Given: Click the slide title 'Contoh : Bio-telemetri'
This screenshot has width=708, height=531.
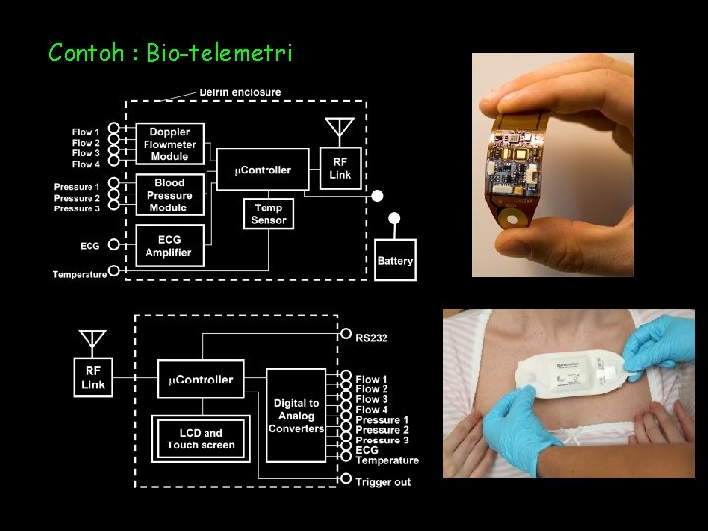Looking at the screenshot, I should tap(170, 52).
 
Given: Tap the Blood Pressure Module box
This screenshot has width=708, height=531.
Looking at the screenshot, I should tap(169, 195).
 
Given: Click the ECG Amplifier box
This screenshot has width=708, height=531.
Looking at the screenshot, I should tap(169, 244).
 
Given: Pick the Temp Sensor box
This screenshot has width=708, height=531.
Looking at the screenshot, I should tap(267, 213).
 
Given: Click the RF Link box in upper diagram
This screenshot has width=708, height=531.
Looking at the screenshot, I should tap(339, 169).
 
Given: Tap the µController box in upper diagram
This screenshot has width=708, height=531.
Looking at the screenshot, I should tap(263, 170).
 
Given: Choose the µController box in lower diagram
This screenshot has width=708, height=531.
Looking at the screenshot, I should tap(201, 379).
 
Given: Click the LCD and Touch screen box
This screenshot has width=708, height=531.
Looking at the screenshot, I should tap(201, 439).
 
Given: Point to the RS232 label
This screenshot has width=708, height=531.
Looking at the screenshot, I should tap(372, 337).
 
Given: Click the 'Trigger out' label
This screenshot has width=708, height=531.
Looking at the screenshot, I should tap(383, 481).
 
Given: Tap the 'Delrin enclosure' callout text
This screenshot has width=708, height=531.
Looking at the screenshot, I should tap(240, 92).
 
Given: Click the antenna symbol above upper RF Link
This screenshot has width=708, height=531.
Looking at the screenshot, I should tap(339, 129).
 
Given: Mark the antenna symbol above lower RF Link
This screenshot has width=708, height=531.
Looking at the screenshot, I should tap(92, 339).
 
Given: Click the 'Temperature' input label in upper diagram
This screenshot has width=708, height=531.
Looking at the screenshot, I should tap(80, 274).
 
